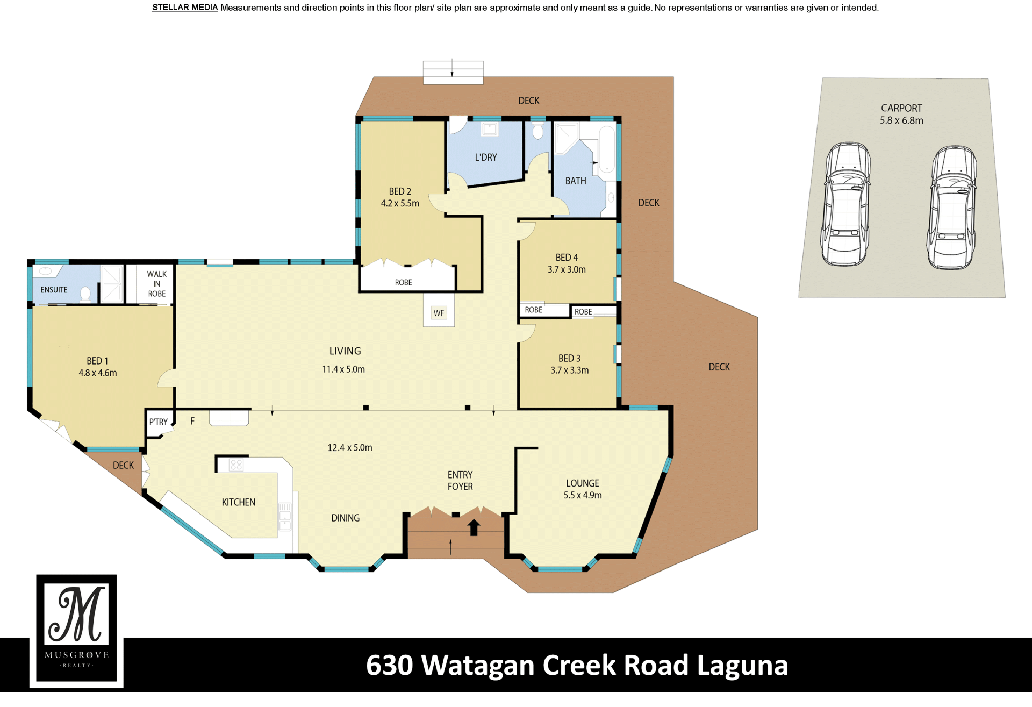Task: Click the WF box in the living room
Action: point(439,313)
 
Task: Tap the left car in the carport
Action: point(845,204)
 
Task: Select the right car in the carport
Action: point(952,207)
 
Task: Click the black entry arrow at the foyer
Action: point(474,527)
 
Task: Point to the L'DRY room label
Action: point(486,158)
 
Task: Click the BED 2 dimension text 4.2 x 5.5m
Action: point(400,203)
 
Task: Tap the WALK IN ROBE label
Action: point(157,284)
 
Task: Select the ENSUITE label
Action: point(54,290)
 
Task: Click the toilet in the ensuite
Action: point(85,294)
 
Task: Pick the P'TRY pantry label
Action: point(159,422)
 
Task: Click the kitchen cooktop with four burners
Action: point(236,465)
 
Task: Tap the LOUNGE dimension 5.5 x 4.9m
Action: point(583,495)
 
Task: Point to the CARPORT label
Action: point(901,108)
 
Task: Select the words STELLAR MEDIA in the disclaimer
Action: point(185,8)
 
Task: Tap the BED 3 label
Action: point(569,358)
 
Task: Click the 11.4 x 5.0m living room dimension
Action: point(343,369)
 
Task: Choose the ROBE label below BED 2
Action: point(404,283)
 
